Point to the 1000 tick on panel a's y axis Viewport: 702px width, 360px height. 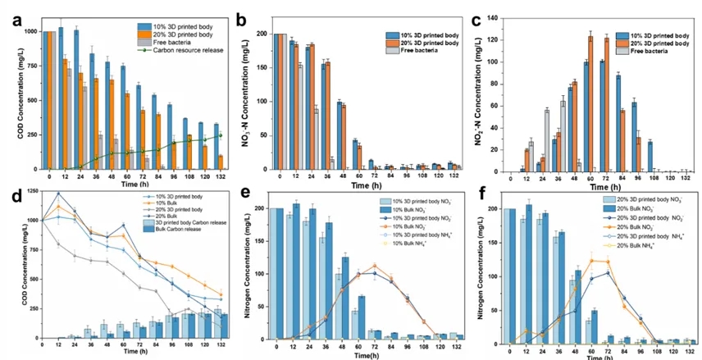(30, 31)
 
